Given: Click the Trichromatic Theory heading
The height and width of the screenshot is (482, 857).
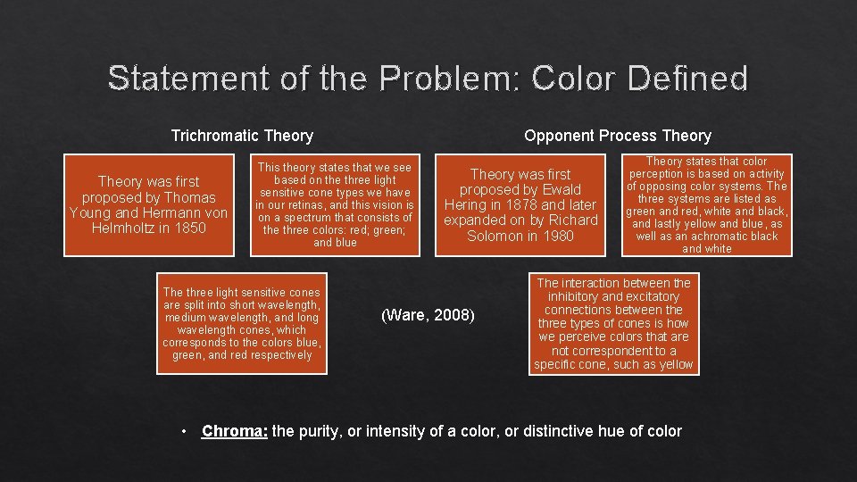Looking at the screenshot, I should pyautogui.click(x=242, y=136).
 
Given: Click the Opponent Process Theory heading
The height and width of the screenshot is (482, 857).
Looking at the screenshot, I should pyautogui.click(x=617, y=136).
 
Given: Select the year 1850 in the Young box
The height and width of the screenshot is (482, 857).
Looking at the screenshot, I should pyautogui.click(x=190, y=228).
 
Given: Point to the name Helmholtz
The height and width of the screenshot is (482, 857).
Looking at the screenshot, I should pyautogui.click(x=123, y=228).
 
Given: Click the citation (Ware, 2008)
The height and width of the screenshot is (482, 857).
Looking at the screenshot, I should pyautogui.click(x=428, y=314).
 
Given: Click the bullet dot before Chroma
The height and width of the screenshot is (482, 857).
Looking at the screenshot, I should pyautogui.click(x=183, y=431).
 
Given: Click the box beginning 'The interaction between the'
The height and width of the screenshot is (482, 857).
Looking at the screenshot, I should pyautogui.click(x=613, y=323).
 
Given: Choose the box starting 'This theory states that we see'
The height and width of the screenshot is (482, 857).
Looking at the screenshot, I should pyautogui.click(x=335, y=204).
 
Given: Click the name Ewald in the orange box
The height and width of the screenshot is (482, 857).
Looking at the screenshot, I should pyautogui.click(x=562, y=189).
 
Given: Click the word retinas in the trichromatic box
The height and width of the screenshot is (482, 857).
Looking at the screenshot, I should pyautogui.click(x=306, y=204).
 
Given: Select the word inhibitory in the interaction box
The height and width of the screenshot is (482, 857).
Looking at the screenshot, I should pyautogui.click(x=577, y=296).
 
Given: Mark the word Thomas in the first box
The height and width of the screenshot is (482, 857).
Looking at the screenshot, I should pyautogui.click(x=192, y=197).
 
